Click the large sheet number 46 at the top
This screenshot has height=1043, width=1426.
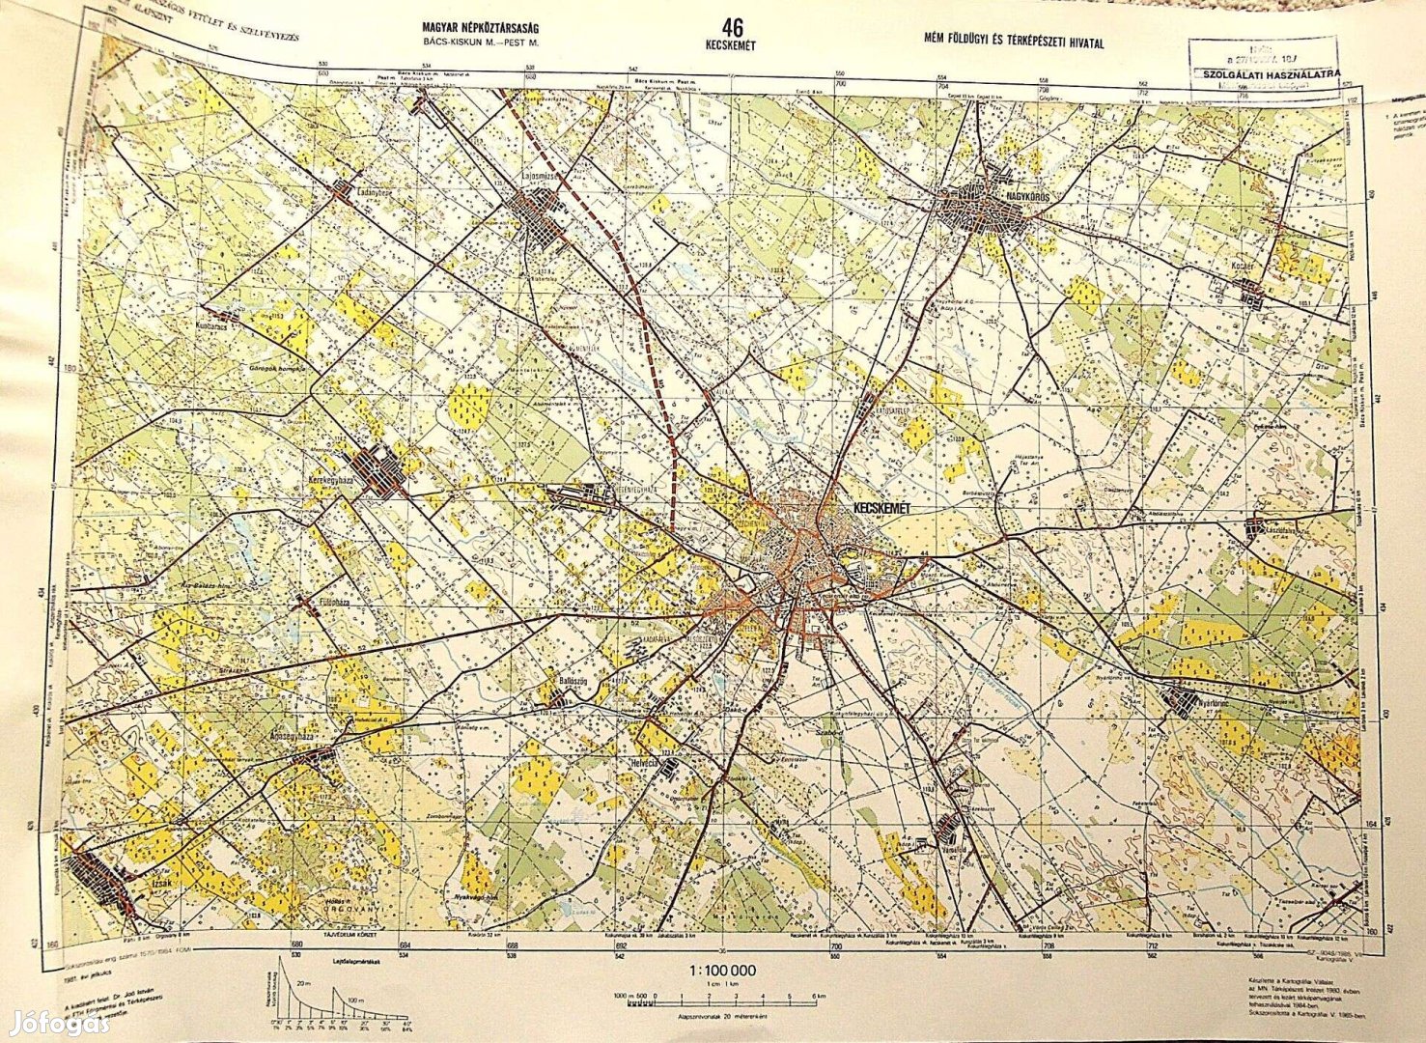point(731,28)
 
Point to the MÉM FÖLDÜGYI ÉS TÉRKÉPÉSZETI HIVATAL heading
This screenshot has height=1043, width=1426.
point(1013,42)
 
